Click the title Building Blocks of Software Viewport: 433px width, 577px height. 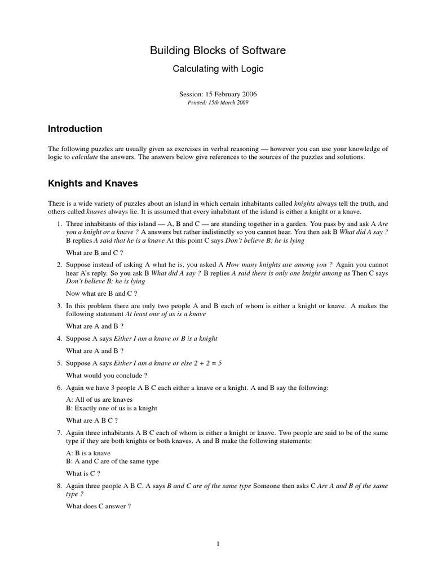[218, 51]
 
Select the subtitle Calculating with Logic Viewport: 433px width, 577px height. [218, 69]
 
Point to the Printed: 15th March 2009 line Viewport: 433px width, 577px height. [218, 103]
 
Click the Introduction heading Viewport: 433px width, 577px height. [75, 129]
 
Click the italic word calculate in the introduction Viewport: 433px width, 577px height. [83, 158]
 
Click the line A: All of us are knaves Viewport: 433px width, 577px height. [99, 400]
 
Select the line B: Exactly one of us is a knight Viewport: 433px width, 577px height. [112, 408]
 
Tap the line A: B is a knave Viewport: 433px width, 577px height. [88, 453]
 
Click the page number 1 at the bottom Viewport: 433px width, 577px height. [218, 544]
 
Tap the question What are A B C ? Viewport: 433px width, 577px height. [92, 420]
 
